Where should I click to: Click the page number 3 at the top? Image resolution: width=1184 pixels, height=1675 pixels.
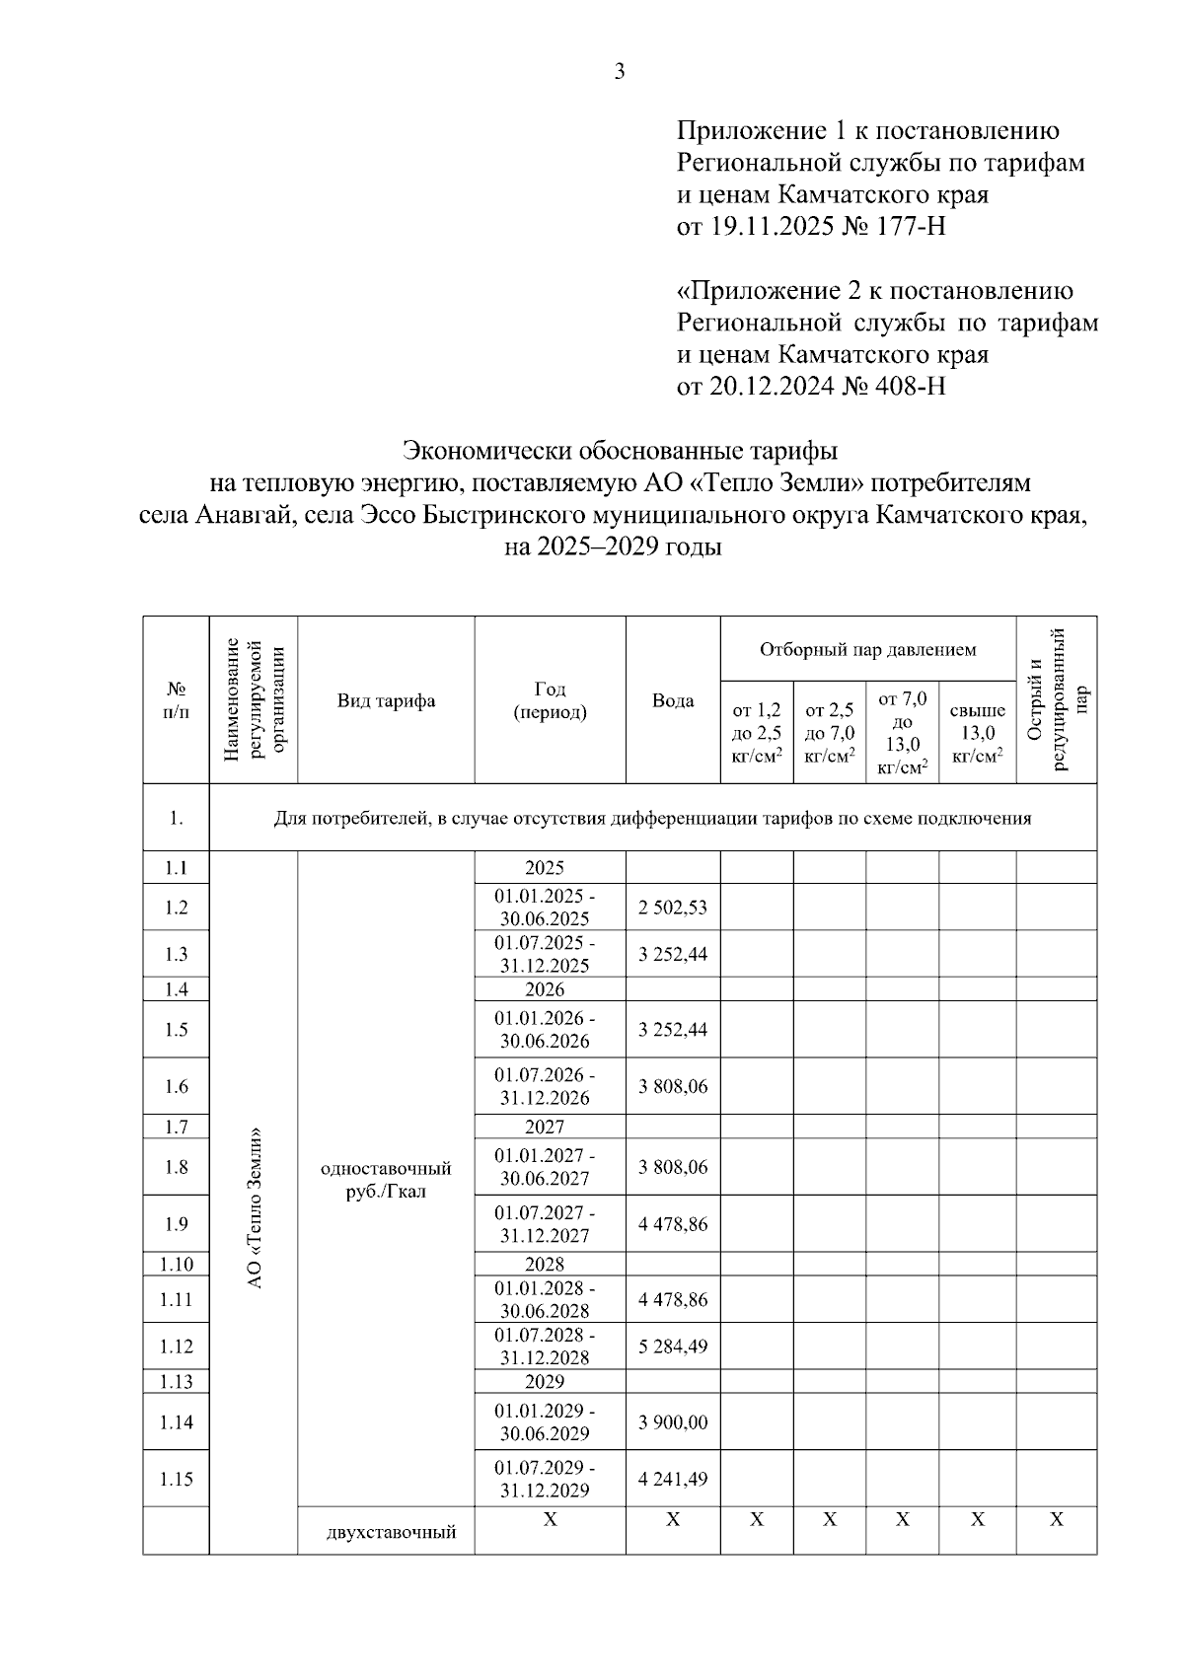click(x=620, y=71)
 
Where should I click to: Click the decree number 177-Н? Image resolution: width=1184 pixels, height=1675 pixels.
click(x=910, y=227)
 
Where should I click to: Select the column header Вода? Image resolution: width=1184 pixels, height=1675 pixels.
click(x=673, y=701)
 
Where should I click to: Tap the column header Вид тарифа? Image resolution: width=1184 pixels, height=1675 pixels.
click(x=386, y=701)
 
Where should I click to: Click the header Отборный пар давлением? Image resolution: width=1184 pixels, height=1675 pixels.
click(x=867, y=649)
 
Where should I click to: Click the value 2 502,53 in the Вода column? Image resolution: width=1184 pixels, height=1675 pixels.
click(x=673, y=908)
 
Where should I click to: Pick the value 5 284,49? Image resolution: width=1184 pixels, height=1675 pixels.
click(x=673, y=1347)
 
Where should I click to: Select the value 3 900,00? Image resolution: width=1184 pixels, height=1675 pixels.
click(x=673, y=1422)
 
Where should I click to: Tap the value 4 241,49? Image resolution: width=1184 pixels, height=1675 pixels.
click(x=673, y=1480)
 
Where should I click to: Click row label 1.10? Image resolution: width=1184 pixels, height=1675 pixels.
click(x=176, y=1265)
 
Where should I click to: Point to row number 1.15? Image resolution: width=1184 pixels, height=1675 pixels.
click(x=176, y=1480)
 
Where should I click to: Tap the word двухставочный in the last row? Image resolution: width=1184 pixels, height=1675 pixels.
click(x=391, y=1533)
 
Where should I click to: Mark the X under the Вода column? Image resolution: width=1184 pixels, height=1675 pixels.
click(x=673, y=1520)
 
